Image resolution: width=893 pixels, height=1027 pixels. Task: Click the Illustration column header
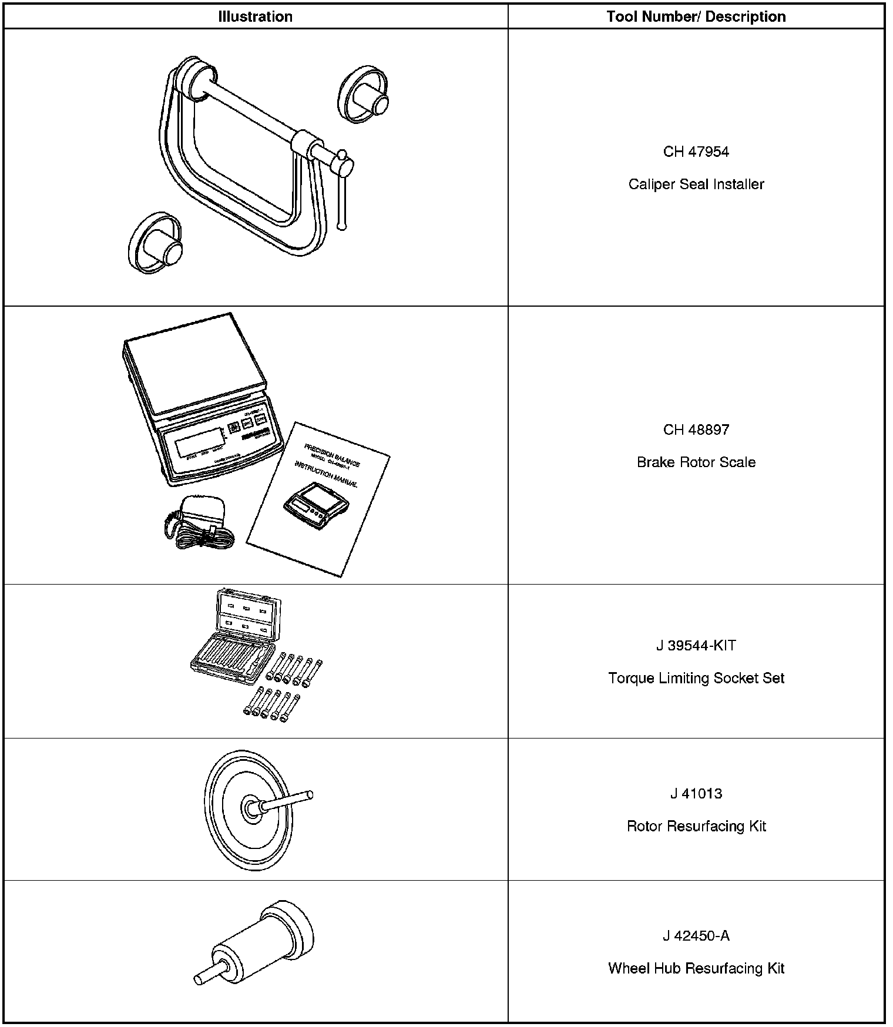(255, 16)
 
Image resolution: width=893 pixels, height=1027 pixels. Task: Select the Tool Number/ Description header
(696, 16)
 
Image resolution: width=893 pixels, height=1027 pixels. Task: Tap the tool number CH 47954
(696, 152)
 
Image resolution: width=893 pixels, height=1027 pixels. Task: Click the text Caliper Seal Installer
(696, 184)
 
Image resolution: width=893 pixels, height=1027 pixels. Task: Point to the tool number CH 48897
(696, 429)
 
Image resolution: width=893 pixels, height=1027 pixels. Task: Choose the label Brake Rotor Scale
(696, 462)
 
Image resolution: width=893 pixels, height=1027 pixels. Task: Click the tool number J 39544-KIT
(696, 646)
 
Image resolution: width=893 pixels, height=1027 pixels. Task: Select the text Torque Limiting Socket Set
(696, 678)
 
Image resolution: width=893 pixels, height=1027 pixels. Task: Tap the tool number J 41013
(696, 794)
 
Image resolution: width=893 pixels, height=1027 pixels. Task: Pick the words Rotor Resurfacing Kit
(696, 826)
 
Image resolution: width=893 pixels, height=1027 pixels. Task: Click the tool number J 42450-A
(696, 936)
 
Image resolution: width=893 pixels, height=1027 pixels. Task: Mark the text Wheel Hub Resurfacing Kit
(696, 968)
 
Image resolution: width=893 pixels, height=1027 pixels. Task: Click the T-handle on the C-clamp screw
(342, 194)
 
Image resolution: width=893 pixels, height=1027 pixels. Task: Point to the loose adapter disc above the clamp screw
(364, 96)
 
